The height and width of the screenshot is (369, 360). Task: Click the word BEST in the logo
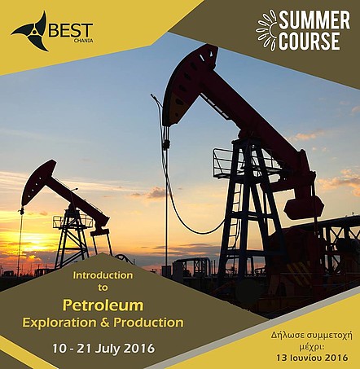71,30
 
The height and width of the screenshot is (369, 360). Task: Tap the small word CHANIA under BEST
83,41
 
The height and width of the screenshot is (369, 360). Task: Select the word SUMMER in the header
314,20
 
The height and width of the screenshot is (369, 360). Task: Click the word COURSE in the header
310,42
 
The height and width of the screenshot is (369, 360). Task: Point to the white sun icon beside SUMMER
266,30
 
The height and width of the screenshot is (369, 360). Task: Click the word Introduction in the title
103,275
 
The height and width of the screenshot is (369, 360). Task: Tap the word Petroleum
103,305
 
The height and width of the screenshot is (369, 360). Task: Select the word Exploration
59,323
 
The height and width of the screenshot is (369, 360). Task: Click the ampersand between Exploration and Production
105,323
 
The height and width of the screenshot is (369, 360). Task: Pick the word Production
148,323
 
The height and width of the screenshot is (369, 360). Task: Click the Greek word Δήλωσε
288,336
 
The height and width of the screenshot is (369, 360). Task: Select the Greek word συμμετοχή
329,336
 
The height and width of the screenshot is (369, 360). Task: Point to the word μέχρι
312,347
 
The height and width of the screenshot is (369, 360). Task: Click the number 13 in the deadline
281,358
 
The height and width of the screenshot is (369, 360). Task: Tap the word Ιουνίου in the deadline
305,358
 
